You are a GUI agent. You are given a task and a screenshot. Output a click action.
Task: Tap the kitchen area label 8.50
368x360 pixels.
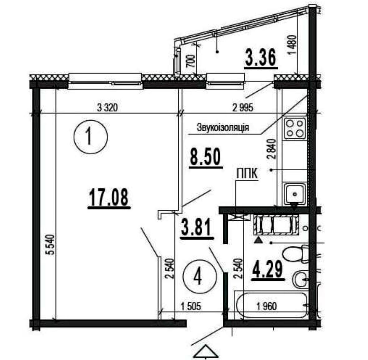(205, 158)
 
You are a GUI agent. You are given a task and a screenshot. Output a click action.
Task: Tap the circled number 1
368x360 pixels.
(90, 137)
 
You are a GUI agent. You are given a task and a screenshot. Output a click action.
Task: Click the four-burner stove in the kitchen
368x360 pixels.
(295, 128)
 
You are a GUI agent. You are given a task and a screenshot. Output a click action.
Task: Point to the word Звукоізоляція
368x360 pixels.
(223, 128)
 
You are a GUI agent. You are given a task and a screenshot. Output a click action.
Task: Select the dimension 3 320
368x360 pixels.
(107, 108)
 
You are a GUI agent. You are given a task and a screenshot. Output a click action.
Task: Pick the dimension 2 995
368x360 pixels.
(243, 108)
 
